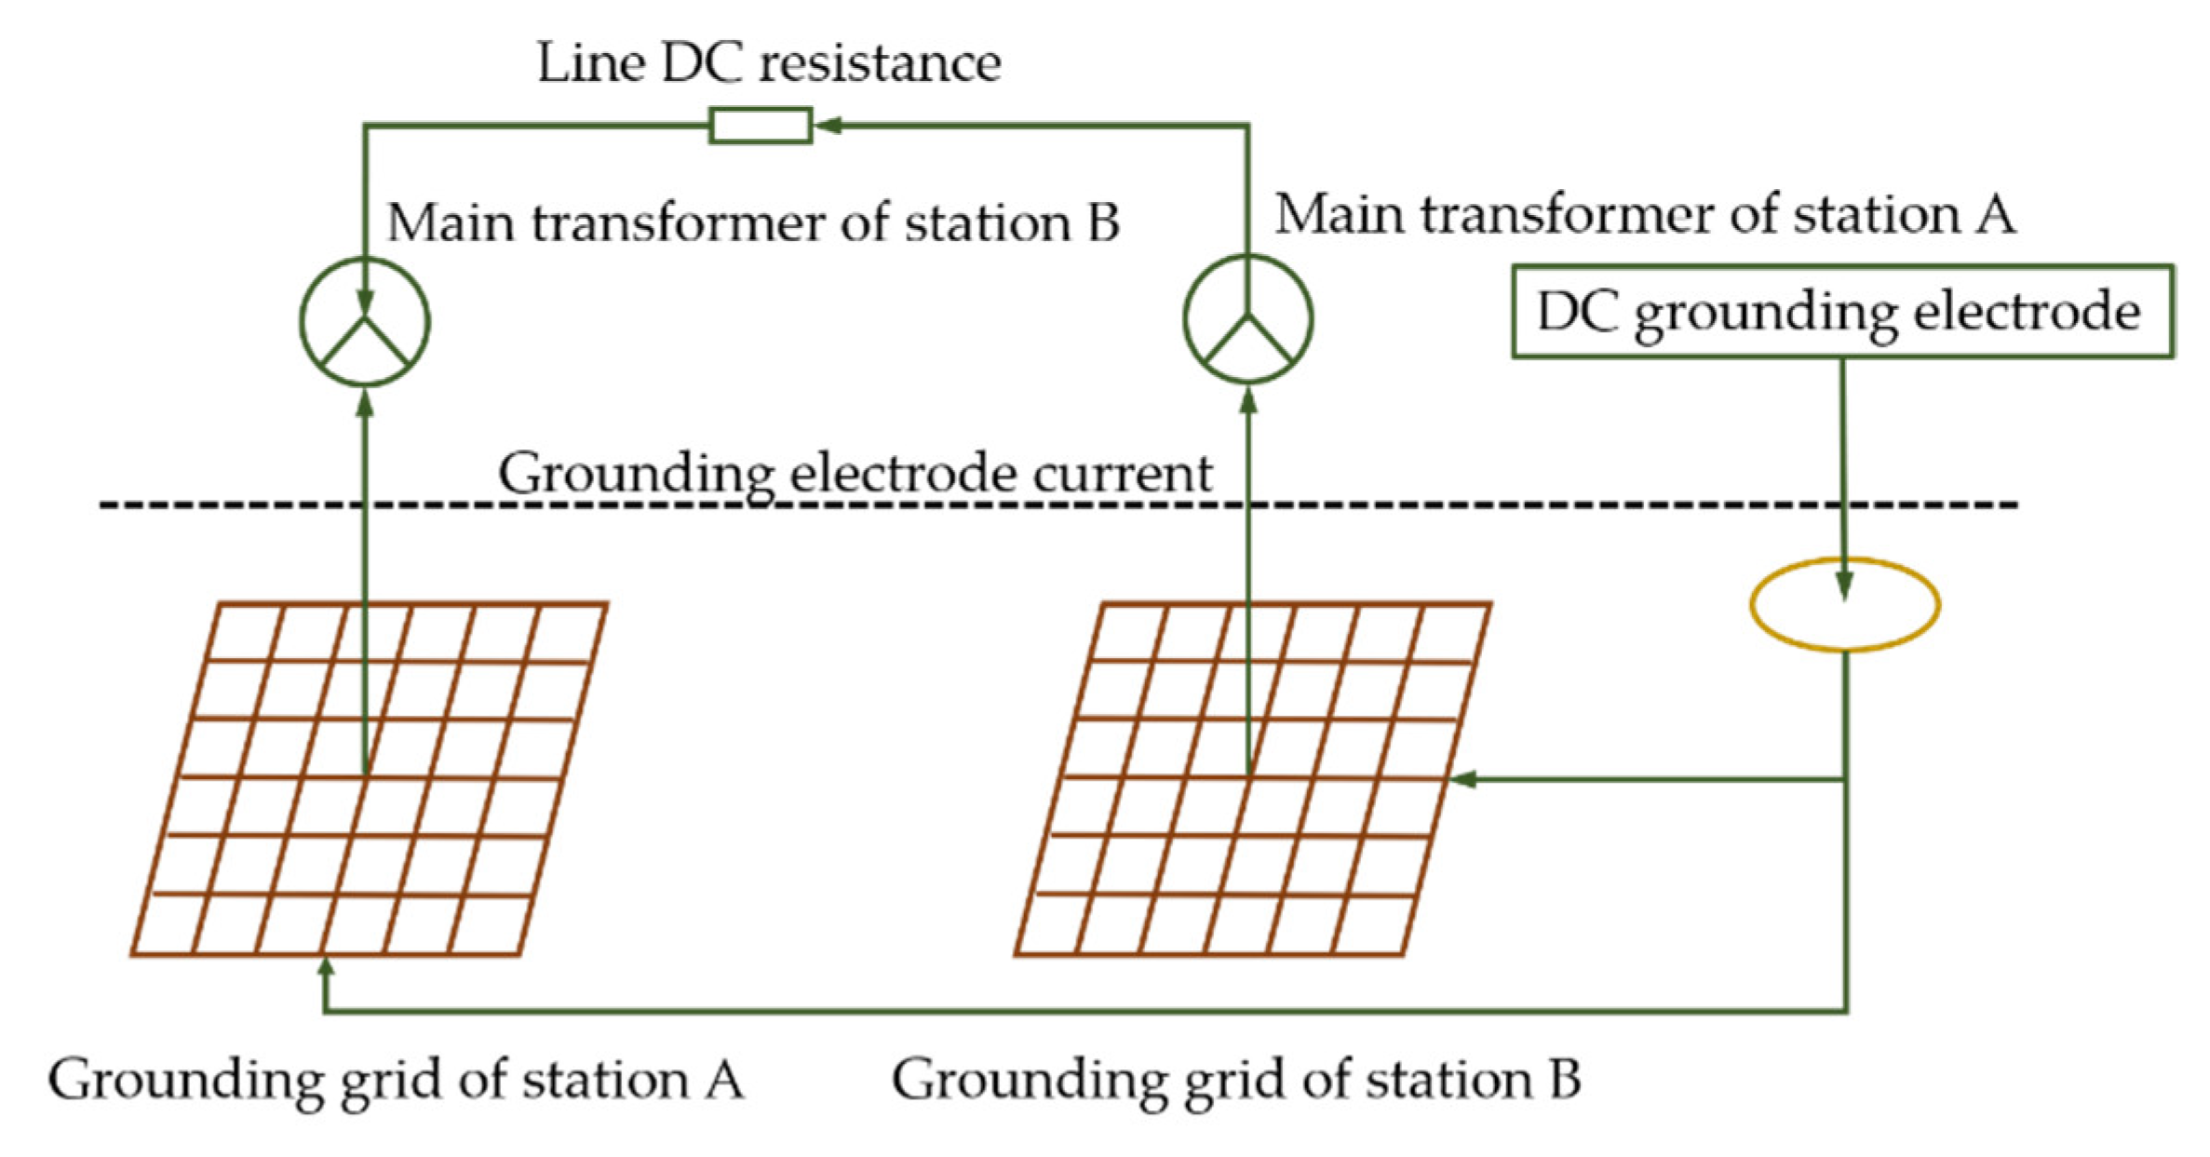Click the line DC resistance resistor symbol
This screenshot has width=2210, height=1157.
[760, 126]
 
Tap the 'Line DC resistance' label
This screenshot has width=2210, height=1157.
[769, 63]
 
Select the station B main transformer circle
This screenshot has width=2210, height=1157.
[365, 322]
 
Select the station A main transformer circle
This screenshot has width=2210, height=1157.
[1247, 319]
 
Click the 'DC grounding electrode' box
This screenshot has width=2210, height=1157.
[1842, 312]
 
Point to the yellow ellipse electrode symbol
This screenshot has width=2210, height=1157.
[1844, 606]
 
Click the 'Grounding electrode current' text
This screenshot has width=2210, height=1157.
[855, 473]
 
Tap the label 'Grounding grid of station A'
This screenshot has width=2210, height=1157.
[396, 1080]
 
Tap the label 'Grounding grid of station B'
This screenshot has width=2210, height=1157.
[1235, 1080]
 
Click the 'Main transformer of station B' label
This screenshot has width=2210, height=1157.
[752, 222]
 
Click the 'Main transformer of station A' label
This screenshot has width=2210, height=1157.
[1644, 214]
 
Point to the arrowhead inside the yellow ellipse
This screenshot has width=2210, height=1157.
[1844, 585]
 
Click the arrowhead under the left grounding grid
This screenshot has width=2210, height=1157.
[325, 969]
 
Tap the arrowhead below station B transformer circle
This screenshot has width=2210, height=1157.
[365, 404]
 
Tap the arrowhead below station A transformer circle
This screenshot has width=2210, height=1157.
[1248, 401]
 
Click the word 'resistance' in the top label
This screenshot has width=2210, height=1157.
[880, 63]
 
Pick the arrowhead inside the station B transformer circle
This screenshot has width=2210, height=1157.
[365, 303]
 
